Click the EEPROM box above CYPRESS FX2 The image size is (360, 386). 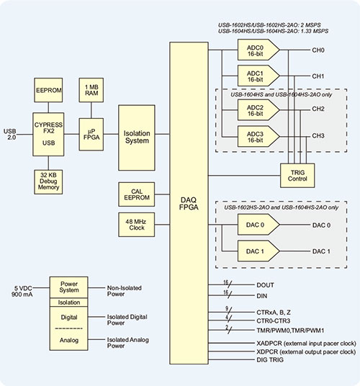point(48,90)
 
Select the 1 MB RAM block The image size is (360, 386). point(91,90)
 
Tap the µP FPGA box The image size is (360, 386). point(91,135)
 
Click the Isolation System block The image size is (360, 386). point(137,138)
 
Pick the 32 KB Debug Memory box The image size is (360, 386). point(48,181)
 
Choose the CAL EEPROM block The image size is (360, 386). point(137,194)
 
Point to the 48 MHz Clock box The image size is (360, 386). point(137,225)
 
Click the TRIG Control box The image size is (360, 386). point(297,176)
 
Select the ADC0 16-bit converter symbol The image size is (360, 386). point(258,50)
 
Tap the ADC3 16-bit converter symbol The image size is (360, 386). point(258,137)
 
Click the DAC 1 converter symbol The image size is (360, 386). point(258,251)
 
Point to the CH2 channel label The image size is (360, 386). point(318,109)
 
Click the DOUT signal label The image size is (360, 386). point(265,285)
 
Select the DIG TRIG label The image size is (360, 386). point(270,359)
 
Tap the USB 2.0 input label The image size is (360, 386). point(10,134)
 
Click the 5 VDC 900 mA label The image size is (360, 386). point(22,291)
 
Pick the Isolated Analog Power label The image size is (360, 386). point(127,343)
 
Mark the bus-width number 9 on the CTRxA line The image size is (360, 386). point(227,308)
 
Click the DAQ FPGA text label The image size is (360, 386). point(189,204)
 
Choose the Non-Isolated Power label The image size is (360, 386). point(125,291)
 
